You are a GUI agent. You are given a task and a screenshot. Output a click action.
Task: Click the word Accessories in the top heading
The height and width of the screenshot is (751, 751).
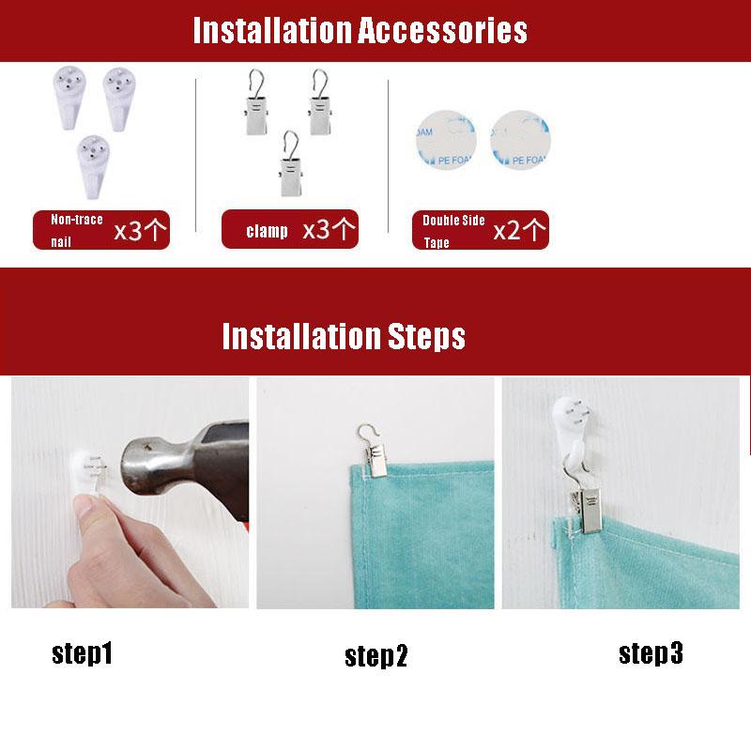click(442, 31)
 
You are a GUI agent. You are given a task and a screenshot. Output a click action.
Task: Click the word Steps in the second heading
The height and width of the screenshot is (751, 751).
click(426, 336)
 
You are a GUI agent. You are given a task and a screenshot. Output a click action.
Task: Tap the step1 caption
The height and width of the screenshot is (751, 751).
click(82, 653)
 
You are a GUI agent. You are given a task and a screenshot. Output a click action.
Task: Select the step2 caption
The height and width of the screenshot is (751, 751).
click(376, 656)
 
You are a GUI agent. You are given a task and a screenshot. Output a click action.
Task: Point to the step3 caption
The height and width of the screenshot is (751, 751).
click(651, 653)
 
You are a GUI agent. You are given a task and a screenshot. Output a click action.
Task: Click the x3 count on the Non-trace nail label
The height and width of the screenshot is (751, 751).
click(128, 231)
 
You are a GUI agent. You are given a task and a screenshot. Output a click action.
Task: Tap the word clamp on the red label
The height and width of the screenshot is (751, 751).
click(267, 231)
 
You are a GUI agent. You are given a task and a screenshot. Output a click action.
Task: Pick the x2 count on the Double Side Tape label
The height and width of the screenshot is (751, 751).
click(507, 231)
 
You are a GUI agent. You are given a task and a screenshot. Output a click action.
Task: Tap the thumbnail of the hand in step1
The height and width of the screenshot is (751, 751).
click(86, 507)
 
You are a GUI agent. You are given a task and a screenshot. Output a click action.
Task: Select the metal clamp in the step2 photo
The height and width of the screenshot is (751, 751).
click(374, 452)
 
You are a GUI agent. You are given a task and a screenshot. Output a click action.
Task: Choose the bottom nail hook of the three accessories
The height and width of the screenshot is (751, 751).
click(93, 166)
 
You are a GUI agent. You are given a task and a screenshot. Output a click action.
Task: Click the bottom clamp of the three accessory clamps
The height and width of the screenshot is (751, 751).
click(291, 163)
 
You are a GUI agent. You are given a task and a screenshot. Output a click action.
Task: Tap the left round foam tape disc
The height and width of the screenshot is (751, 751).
click(447, 140)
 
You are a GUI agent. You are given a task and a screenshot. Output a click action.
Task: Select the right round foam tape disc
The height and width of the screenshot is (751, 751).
click(520, 140)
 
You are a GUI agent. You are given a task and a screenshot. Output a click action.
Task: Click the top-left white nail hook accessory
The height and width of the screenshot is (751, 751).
click(69, 98)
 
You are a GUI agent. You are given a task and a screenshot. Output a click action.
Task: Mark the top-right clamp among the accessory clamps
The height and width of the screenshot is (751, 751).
click(320, 102)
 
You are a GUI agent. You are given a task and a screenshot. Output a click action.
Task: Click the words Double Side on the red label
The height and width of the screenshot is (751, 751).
click(453, 221)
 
